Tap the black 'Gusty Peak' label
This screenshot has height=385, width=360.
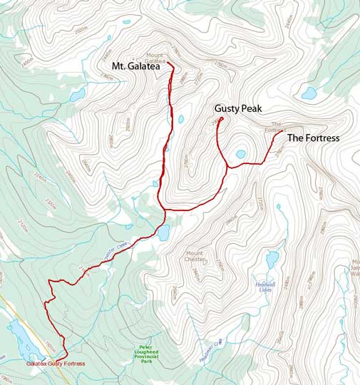pos(239,108)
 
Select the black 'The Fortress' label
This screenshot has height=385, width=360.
pos(313,138)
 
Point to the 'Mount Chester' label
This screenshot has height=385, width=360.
pos(195,257)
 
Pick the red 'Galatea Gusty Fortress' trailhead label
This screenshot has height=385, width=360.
pos(56,364)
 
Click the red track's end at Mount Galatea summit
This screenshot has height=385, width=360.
pos(169,63)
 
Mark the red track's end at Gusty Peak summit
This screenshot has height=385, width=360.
pos(222,118)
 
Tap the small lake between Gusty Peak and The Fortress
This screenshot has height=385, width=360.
pos(241,153)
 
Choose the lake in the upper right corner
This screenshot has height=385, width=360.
pos(309,93)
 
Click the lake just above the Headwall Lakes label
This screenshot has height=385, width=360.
pos(272,257)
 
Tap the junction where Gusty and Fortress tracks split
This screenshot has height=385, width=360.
pos(227,167)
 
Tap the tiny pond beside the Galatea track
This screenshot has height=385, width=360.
pos(180,120)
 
